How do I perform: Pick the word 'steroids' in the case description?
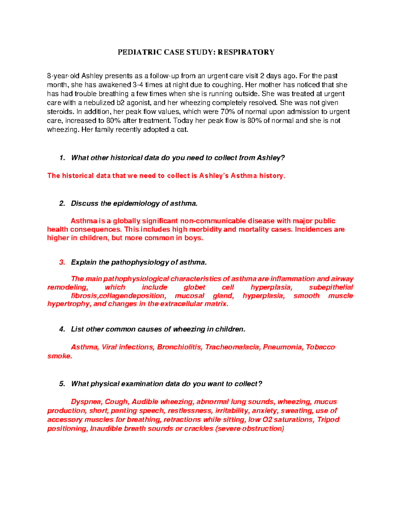point(59,112)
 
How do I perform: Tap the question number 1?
point(61,158)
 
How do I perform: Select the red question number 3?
point(62,263)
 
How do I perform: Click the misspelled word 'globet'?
point(194,288)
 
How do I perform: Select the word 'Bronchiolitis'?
point(179,347)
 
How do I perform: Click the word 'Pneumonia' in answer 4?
point(282,347)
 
